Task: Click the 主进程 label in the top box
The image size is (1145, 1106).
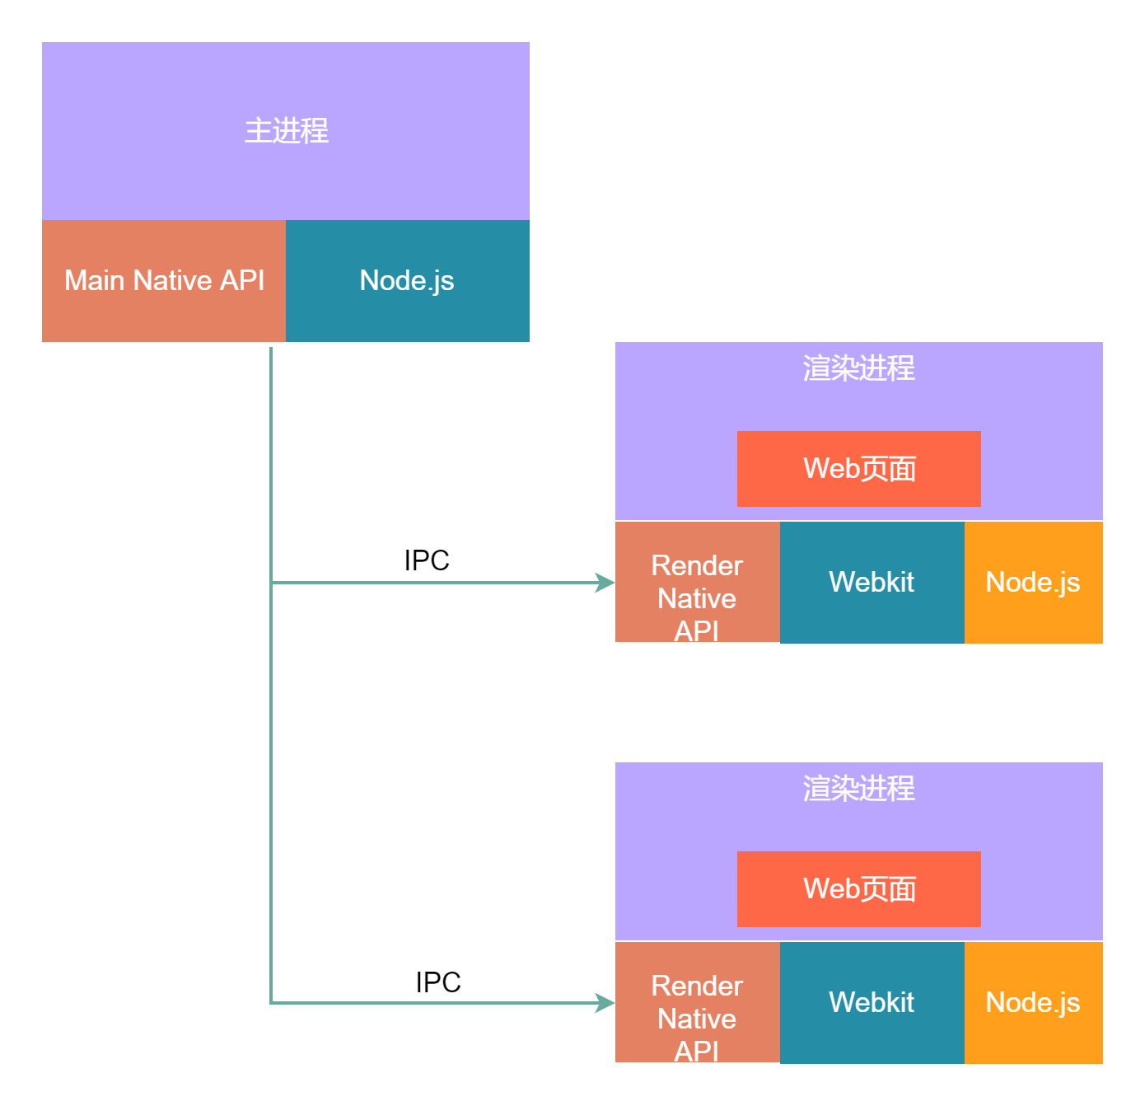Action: (286, 131)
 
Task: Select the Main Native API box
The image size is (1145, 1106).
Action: (164, 281)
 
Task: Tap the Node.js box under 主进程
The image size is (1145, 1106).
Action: (407, 281)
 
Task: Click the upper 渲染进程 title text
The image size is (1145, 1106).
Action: (858, 368)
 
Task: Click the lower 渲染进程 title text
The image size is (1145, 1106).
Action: (858, 789)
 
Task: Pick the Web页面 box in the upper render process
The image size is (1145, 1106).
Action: (858, 469)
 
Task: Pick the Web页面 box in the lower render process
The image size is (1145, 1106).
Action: (858, 889)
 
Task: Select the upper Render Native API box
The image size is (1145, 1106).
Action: (697, 583)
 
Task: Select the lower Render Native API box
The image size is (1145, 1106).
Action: (697, 1003)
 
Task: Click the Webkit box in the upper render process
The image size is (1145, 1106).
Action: (872, 583)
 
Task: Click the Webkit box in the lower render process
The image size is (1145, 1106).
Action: (872, 1003)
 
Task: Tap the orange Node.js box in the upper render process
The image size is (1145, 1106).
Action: (1033, 583)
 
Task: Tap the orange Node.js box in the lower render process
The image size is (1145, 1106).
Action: (1033, 1003)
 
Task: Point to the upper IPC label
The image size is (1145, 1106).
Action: (427, 560)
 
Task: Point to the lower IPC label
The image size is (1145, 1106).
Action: (438, 982)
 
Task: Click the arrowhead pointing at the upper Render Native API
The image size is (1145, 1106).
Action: (606, 583)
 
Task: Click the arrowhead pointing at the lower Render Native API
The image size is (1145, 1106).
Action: (606, 1003)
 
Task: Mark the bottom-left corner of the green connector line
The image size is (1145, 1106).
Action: (271, 1003)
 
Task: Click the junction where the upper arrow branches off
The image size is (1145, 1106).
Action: (271, 583)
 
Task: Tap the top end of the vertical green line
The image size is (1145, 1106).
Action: (271, 349)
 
